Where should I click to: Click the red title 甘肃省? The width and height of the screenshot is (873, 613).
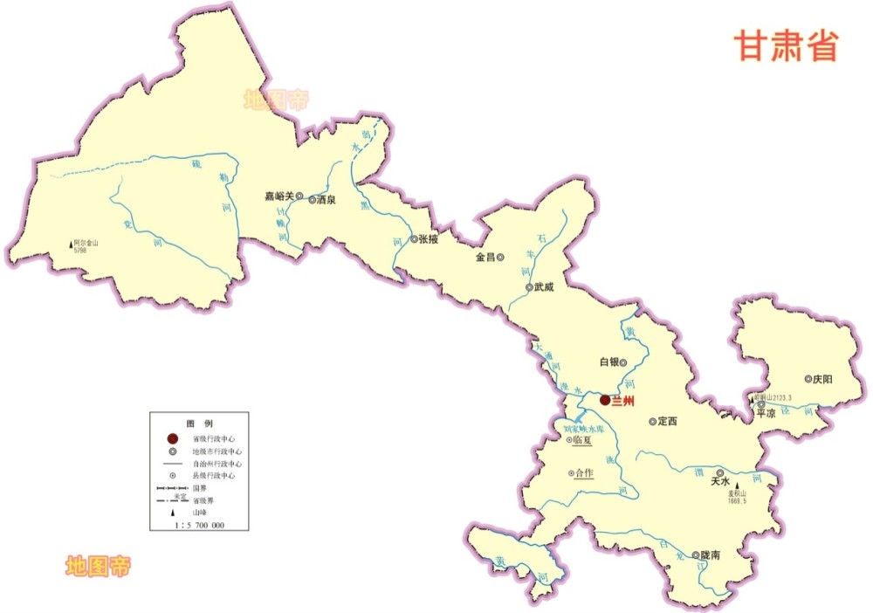(x=786, y=45)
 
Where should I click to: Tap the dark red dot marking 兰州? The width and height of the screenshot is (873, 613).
(x=605, y=400)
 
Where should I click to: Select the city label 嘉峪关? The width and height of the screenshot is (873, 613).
(x=279, y=197)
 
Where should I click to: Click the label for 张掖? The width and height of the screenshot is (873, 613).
(x=429, y=238)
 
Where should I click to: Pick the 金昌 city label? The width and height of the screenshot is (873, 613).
(x=485, y=258)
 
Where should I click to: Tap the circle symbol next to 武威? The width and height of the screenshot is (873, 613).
(x=529, y=287)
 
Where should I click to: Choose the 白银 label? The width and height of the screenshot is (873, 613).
(x=608, y=362)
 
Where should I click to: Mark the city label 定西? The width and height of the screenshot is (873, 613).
(x=669, y=422)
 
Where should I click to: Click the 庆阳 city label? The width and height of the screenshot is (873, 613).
(x=822, y=379)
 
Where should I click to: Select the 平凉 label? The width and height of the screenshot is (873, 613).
(x=766, y=414)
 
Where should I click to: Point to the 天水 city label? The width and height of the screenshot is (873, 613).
(x=719, y=480)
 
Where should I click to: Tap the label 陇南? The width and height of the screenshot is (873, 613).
(x=711, y=555)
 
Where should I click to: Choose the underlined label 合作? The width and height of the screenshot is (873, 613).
(x=583, y=473)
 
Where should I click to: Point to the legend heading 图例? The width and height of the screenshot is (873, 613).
(x=198, y=422)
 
